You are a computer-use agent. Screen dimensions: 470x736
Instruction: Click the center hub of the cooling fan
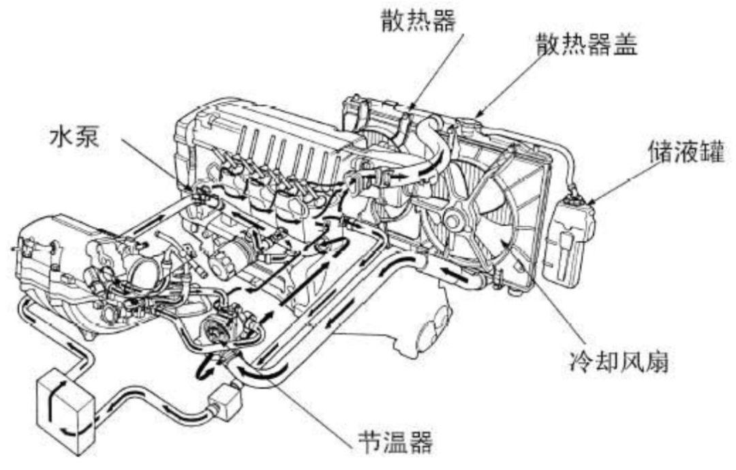coord(453,221)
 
